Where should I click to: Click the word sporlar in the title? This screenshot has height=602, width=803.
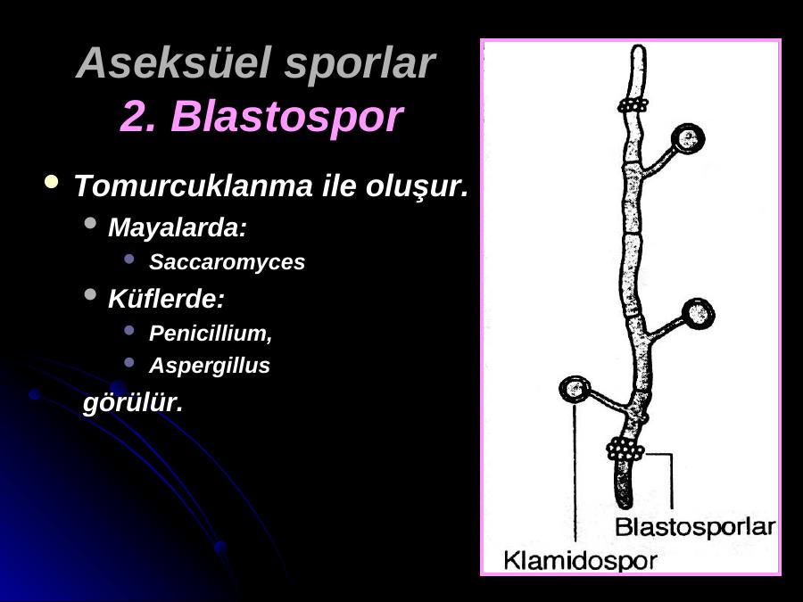pyautogui.click(x=360, y=63)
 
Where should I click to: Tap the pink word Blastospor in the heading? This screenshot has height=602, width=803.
pyautogui.click(x=286, y=116)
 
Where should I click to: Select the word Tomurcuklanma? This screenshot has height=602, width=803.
pyautogui.click(x=193, y=186)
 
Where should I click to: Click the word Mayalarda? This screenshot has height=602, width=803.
pyautogui.click(x=178, y=227)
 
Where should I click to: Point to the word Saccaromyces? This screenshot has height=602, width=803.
pyautogui.click(x=227, y=262)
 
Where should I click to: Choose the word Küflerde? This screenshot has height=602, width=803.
pyautogui.click(x=167, y=298)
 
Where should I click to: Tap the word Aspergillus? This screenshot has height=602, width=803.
pyautogui.click(x=210, y=366)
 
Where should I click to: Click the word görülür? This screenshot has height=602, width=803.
pyautogui.click(x=133, y=403)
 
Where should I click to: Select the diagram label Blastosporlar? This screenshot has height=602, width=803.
pyautogui.click(x=694, y=527)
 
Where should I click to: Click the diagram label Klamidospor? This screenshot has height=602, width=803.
pyautogui.click(x=580, y=561)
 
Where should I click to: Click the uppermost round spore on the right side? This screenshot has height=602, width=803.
pyautogui.click(x=688, y=139)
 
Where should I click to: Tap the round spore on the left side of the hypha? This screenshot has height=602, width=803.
pyautogui.click(x=575, y=390)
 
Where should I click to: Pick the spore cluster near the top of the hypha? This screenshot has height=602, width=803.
pyautogui.click(x=633, y=105)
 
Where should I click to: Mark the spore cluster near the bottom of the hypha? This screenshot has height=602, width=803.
pyautogui.click(x=625, y=450)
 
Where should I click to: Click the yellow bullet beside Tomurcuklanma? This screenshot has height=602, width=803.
pyautogui.click(x=51, y=182)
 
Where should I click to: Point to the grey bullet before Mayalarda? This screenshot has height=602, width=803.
pyautogui.click(x=90, y=223)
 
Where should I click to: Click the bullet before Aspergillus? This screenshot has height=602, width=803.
pyautogui.click(x=129, y=362)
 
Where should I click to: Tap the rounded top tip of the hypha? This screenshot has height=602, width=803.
pyautogui.click(x=638, y=48)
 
